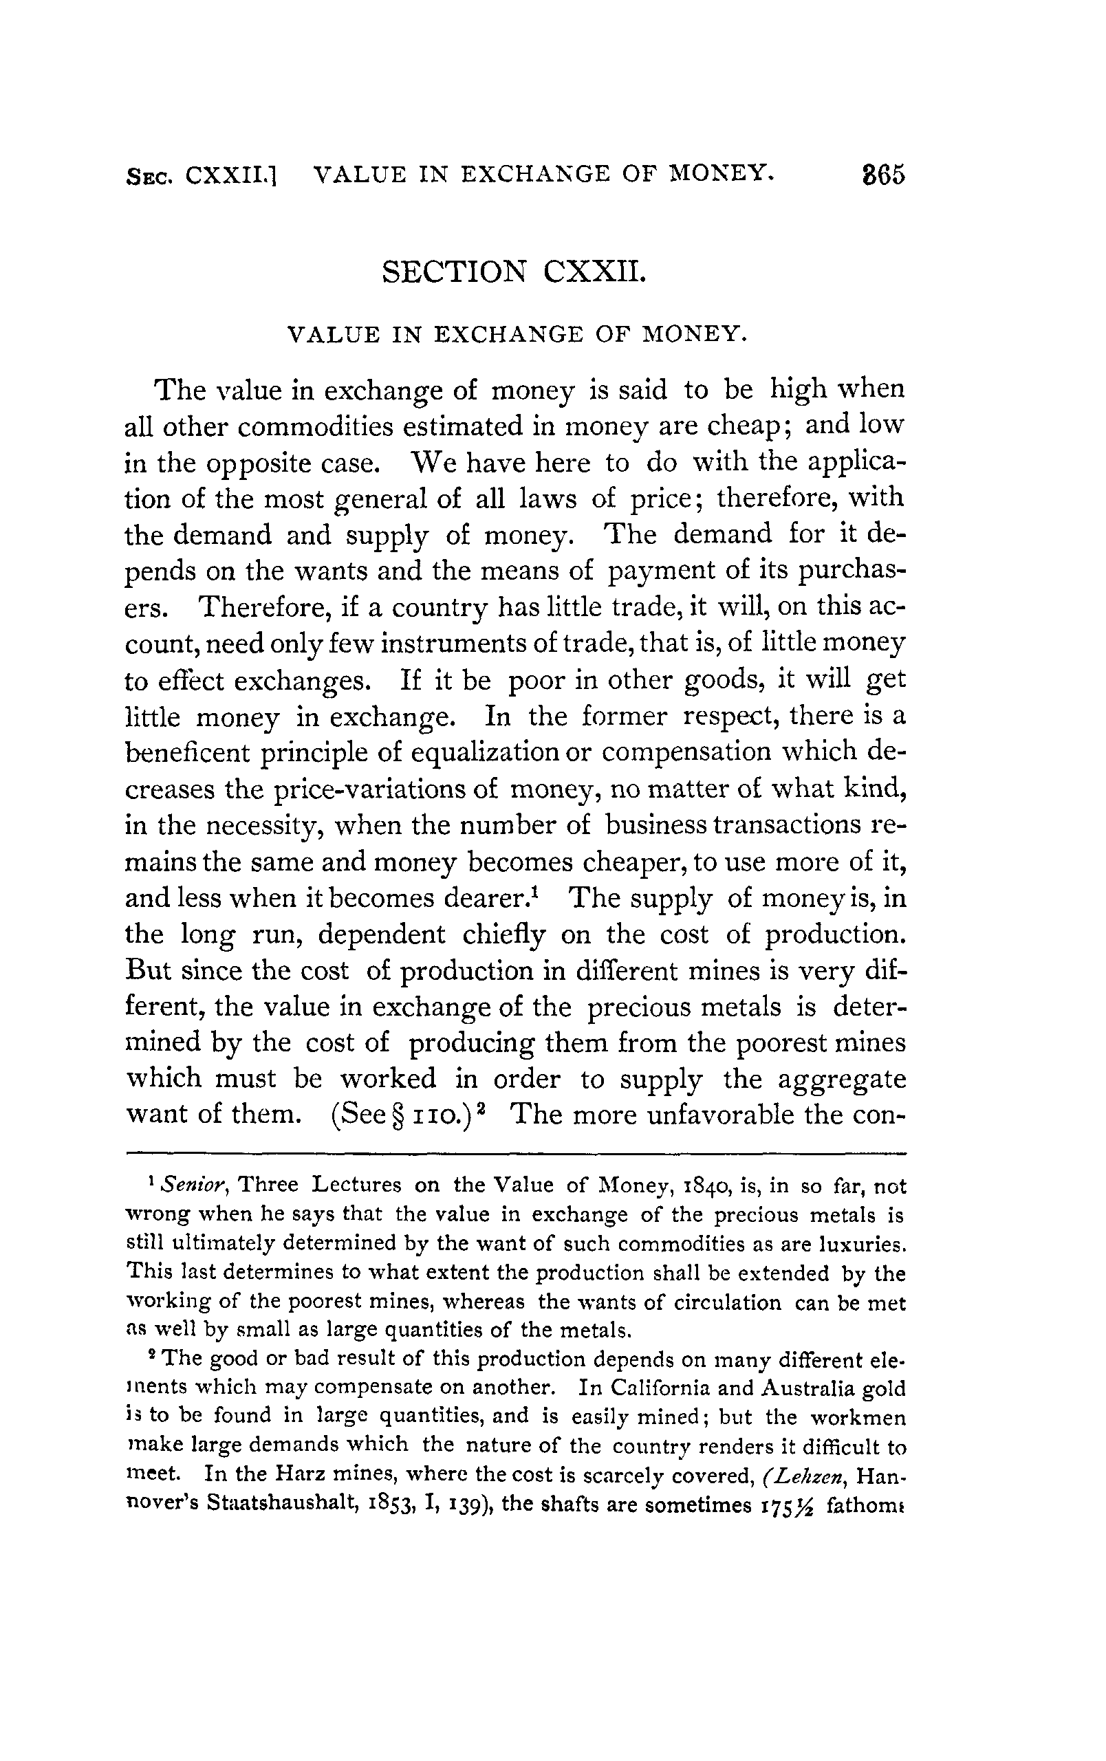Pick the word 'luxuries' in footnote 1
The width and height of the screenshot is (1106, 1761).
[862, 1243]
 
